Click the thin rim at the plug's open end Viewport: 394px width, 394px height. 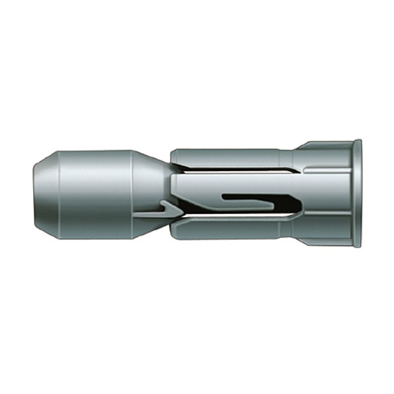tap(357, 193)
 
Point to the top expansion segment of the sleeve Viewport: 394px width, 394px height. tap(224, 158)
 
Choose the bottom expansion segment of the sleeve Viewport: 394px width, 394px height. tap(224, 228)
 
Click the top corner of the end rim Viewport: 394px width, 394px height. tap(357, 142)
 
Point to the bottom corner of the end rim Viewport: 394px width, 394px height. tap(357, 245)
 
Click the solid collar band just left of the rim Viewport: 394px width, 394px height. tap(330, 193)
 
